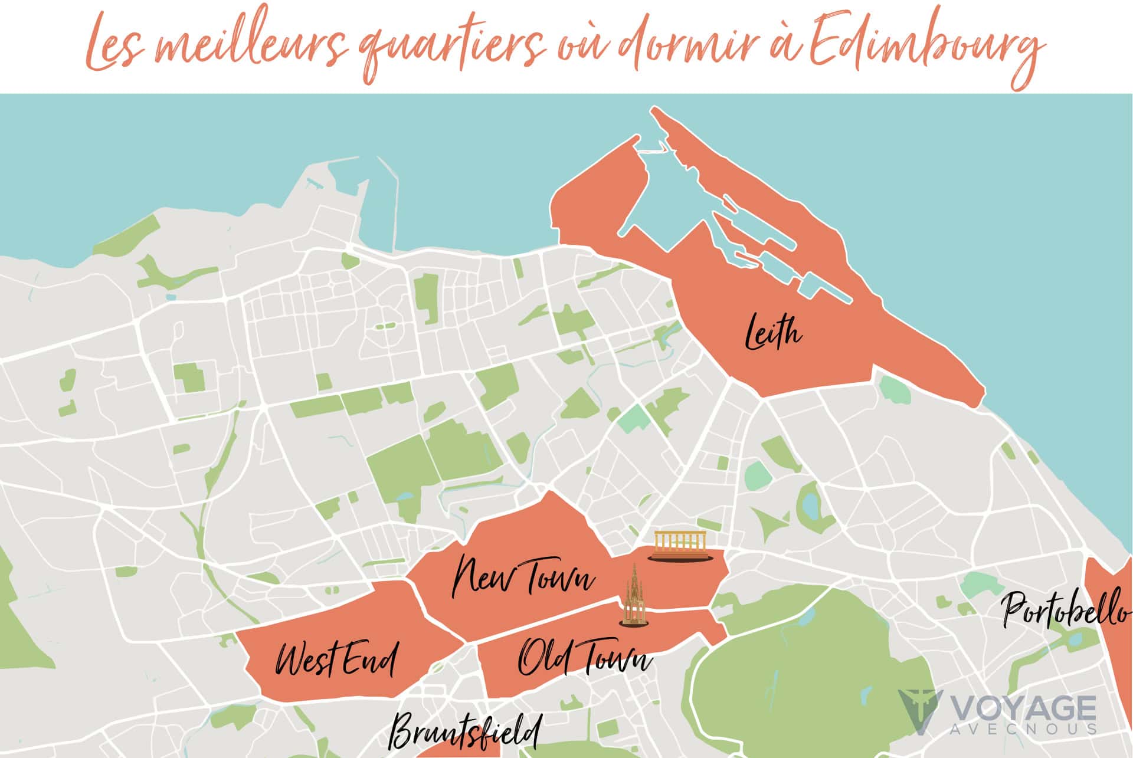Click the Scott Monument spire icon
click(633, 596)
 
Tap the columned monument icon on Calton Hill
click(682, 546)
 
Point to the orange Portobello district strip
click(1115, 649)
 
